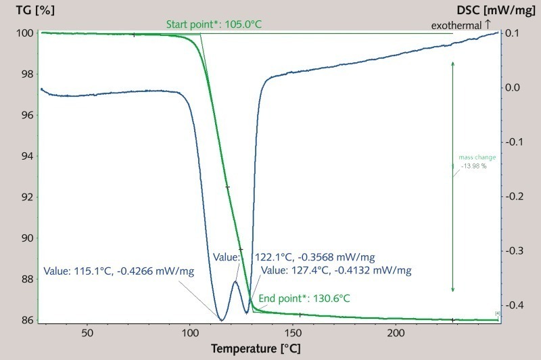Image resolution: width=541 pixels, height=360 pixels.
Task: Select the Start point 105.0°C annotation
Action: click(x=214, y=24)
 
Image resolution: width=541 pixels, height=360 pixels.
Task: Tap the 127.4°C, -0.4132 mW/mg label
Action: click(x=335, y=270)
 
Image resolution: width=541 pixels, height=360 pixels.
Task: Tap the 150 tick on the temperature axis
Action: click(x=293, y=332)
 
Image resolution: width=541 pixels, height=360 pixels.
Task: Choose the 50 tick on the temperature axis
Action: click(x=87, y=332)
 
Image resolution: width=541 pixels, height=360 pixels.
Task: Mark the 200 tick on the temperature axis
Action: click(x=396, y=332)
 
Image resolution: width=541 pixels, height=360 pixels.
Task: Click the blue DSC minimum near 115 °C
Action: click(x=220, y=319)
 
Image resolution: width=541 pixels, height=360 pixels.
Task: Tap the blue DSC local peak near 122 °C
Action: click(x=235, y=282)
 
